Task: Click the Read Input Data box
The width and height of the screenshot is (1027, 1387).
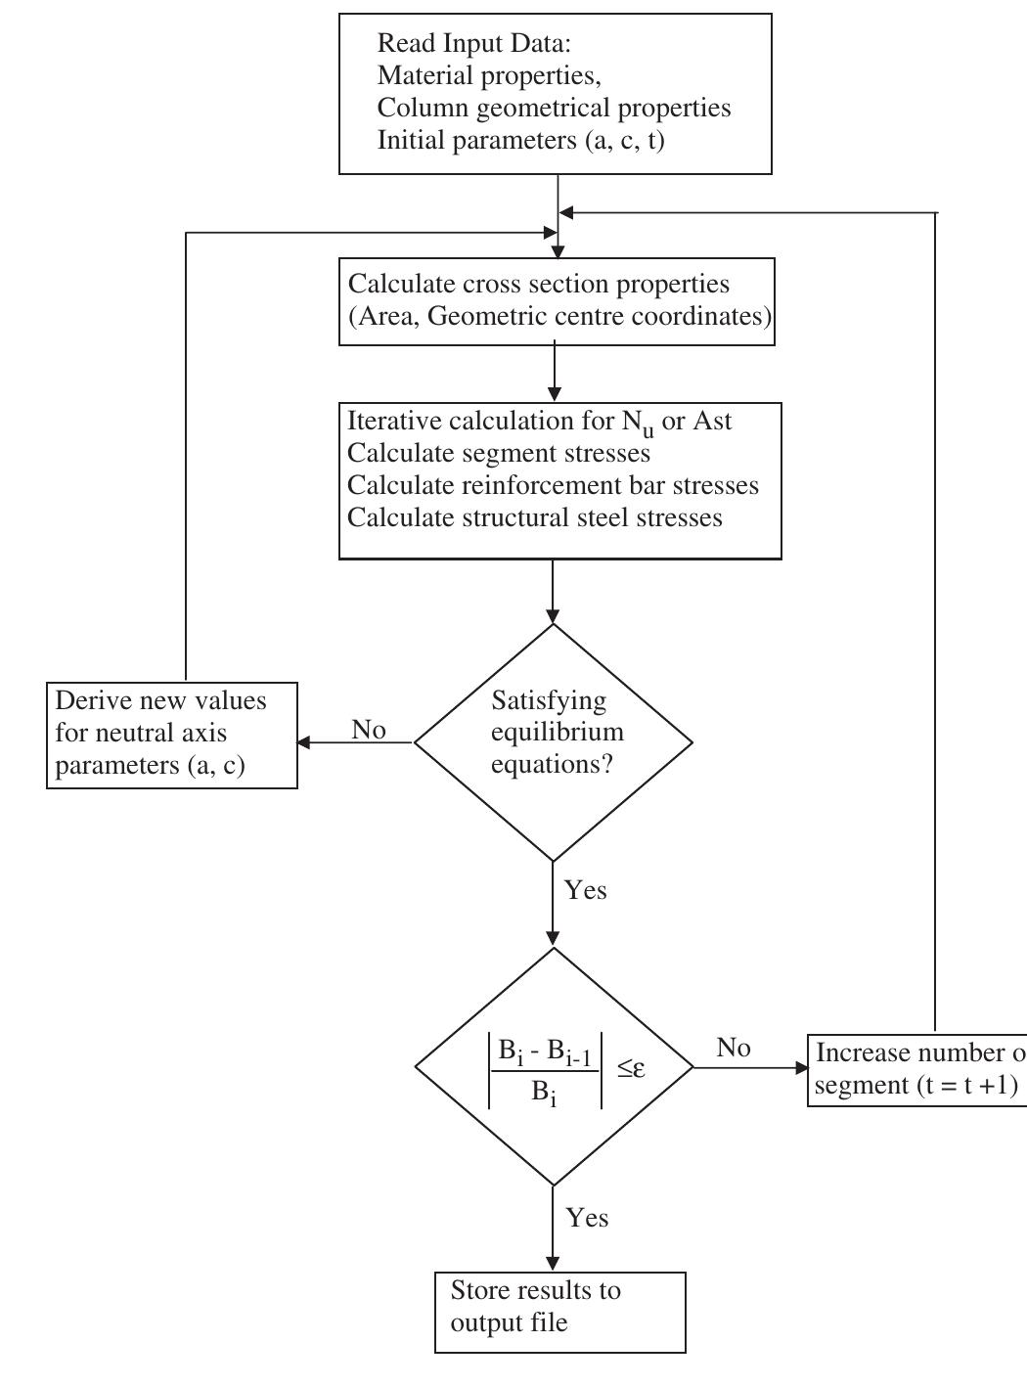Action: [555, 93]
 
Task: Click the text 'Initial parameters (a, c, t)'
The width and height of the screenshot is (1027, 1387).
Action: [520, 140]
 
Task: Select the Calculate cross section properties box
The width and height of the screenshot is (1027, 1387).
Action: [556, 301]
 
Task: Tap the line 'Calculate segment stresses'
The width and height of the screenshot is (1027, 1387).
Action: [499, 453]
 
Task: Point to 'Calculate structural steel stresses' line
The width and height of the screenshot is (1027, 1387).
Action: [534, 517]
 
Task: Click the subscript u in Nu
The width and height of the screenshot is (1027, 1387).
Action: [648, 430]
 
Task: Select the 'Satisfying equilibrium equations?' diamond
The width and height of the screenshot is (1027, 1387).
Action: [554, 741]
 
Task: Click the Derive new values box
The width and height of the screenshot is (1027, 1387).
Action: [172, 735]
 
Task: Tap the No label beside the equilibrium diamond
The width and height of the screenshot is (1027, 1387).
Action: [369, 730]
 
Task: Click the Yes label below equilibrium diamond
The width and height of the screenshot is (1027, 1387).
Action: [585, 890]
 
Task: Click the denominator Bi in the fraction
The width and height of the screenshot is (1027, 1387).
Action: [544, 1093]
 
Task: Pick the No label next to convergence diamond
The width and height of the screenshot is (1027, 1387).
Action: [734, 1048]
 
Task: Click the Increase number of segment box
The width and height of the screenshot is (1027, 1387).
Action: [916, 1069]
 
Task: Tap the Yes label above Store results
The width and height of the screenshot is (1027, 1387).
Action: [587, 1218]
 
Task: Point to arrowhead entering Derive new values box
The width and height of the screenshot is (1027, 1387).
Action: [304, 742]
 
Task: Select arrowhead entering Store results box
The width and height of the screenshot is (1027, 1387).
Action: [554, 1266]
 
